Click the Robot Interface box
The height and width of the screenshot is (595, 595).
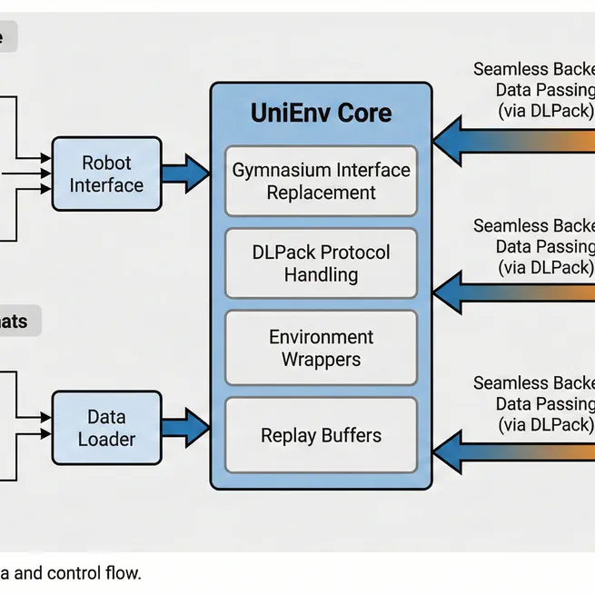click(106, 174)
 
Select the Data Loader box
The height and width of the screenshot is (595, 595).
click(106, 428)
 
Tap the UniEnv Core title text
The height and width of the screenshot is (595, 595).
click(321, 114)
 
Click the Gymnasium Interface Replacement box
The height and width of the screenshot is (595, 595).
click(321, 181)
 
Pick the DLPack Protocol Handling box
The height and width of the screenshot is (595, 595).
click(321, 263)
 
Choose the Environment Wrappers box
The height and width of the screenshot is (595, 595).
click(321, 348)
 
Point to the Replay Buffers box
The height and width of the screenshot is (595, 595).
click(321, 435)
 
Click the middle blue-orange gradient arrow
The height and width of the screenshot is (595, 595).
click(513, 292)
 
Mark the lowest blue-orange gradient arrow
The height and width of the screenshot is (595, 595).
click(513, 448)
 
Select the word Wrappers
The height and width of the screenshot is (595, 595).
click(321, 359)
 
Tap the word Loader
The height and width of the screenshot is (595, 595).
click(106, 439)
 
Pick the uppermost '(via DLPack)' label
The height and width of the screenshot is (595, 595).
click(546, 110)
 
